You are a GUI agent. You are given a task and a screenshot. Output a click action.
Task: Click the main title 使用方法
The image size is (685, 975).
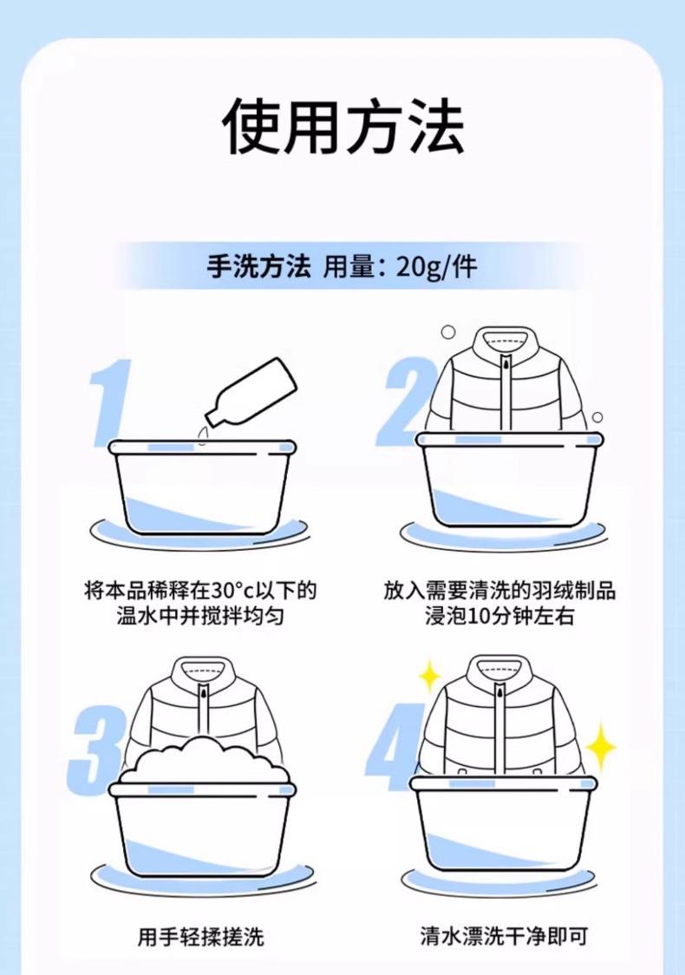click(343, 127)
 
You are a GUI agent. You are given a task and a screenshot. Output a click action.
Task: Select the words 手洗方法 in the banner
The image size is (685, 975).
click(258, 267)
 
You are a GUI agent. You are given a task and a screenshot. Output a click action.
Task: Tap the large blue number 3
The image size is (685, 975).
click(97, 750)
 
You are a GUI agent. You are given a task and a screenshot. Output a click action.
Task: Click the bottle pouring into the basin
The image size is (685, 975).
click(251, 392)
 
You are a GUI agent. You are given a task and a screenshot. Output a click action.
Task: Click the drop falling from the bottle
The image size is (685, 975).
click(203, 437)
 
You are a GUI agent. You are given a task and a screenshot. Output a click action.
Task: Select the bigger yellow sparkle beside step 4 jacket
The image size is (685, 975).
click(600, 746)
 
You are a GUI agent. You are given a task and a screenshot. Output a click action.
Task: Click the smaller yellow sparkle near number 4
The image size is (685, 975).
click(428, 676)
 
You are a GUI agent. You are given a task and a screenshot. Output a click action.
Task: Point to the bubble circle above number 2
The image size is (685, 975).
click(448, 333)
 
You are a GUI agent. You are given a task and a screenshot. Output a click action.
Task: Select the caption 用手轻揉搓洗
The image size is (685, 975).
click(201, 936)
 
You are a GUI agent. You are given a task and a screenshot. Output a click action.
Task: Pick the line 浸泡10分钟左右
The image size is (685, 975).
click(499, 616)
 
